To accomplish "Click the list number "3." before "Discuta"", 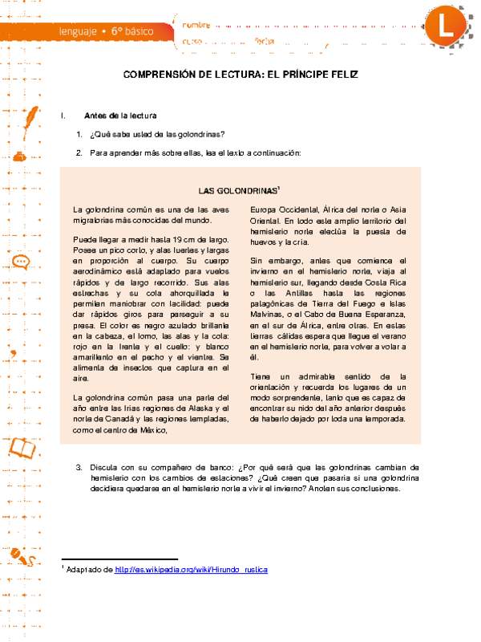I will [79, 466].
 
